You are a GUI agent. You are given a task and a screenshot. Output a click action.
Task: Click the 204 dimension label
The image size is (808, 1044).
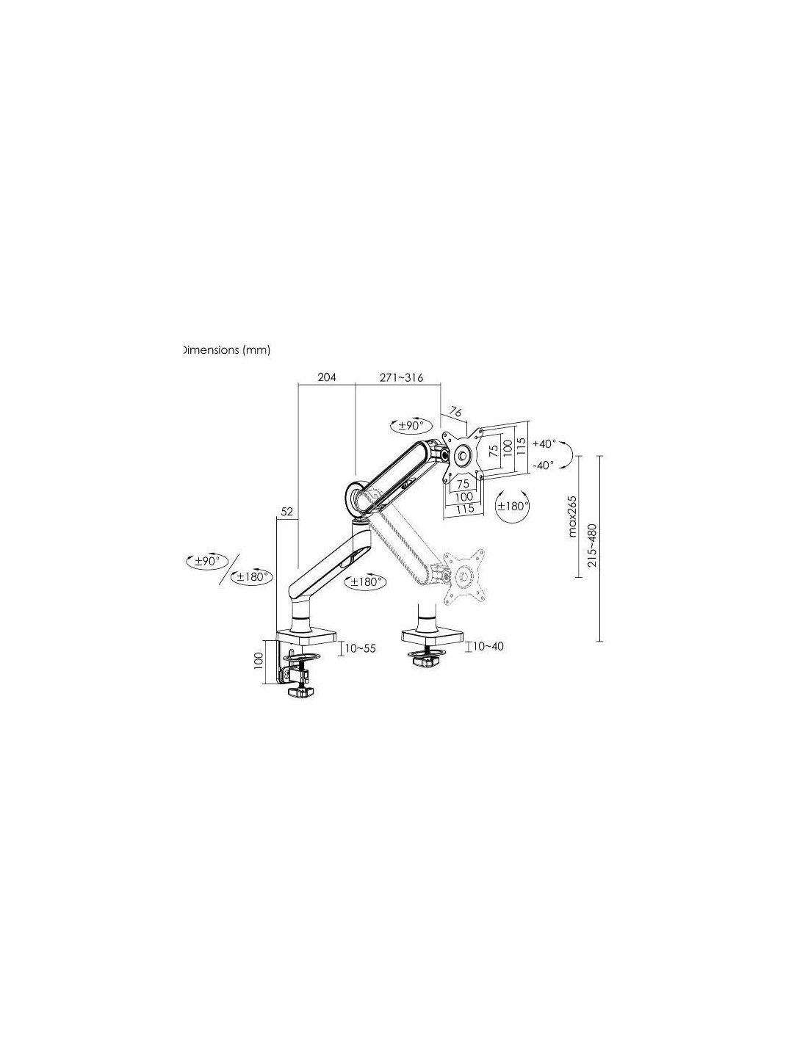coord(326,377)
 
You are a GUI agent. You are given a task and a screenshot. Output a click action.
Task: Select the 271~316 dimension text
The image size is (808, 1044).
coord(401,377)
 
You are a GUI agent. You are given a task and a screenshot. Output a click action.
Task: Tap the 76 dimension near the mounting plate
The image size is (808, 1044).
coord(455,412)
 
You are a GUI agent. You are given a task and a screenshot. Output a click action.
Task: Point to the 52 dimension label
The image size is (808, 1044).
coord(286,512)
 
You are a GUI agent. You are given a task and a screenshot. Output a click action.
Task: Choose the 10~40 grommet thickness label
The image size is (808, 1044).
coord(488,646)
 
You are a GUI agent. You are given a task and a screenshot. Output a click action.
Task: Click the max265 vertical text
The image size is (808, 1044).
coord(572,516)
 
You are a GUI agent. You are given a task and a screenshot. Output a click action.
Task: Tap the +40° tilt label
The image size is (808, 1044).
coord(544,443)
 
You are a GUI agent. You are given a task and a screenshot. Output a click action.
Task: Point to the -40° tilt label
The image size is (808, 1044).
coord(543,465)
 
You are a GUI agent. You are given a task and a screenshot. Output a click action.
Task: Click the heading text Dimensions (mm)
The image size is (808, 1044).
coord(226,350)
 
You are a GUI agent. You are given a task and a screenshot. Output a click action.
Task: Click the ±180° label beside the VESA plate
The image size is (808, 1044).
coord(513,506)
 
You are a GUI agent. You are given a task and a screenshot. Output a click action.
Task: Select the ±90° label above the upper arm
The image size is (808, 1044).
coord(408,425)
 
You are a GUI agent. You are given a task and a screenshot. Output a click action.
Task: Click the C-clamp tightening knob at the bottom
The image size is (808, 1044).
coord(300,692)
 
